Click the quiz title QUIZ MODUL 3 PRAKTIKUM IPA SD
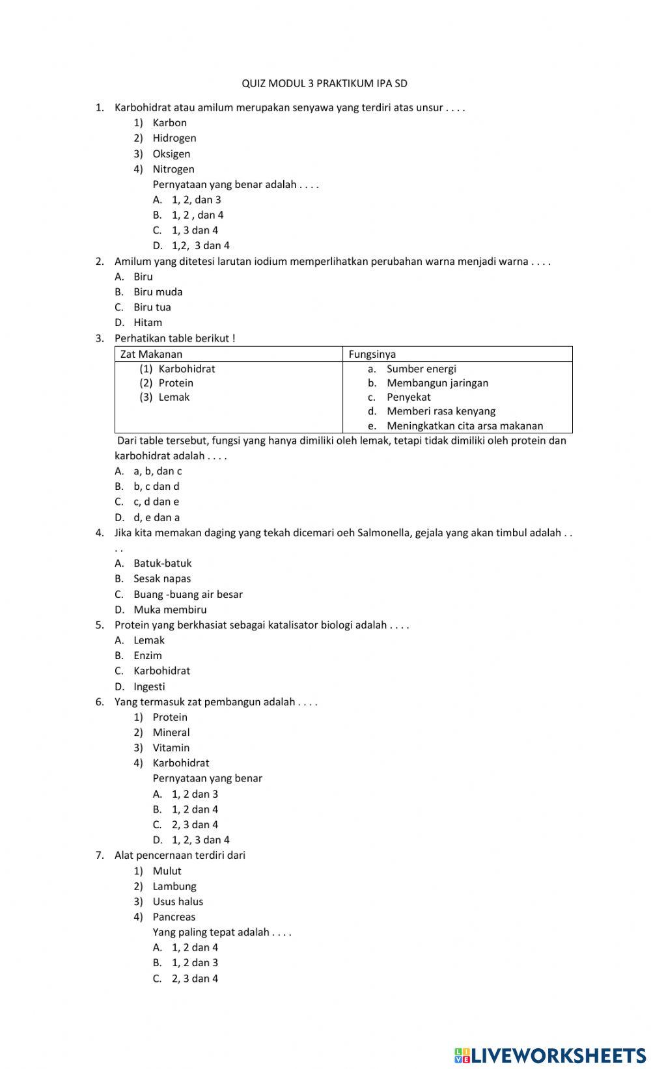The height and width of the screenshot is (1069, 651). pos(324,83)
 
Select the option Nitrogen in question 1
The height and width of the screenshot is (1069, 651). pos(173,169)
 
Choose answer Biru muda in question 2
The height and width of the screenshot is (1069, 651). pos(158,292)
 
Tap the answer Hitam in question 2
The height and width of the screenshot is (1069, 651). pos(148,323)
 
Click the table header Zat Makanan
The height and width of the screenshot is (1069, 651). pos(151,355)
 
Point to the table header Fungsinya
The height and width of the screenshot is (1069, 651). pos(372,355)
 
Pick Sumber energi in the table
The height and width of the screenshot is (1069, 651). pos(421,369)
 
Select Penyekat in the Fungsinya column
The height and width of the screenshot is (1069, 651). pos(408,398)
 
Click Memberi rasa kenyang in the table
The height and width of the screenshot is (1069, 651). pos(441,411)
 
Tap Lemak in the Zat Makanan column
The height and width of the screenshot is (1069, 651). pos(174,398)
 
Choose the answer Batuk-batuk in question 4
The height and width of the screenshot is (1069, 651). pos(162,563)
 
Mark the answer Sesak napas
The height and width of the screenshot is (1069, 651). pos(162,579)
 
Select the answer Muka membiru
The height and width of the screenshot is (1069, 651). pos(170,610)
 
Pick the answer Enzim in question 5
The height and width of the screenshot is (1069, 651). pos(148,656)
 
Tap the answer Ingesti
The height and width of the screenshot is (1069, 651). pos(149,687)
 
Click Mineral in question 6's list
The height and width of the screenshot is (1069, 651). pos(171,733)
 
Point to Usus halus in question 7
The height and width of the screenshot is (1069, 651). pos(178,902)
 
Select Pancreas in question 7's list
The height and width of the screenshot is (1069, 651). pos(174,917)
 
